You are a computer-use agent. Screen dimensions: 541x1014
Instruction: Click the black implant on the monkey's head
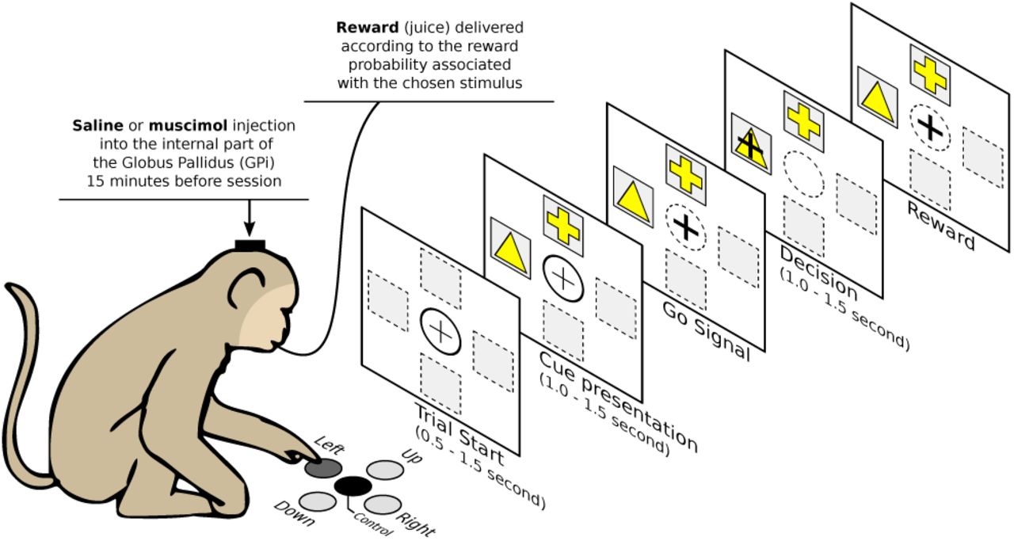250,245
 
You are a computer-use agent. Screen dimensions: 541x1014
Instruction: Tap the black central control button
353,486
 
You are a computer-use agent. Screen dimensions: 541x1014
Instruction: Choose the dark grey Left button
322,469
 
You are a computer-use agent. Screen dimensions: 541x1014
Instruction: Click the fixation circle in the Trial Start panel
440,331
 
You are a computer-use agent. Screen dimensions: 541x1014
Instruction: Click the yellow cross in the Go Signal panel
685,175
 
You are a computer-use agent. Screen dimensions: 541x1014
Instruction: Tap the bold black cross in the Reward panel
928,127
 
